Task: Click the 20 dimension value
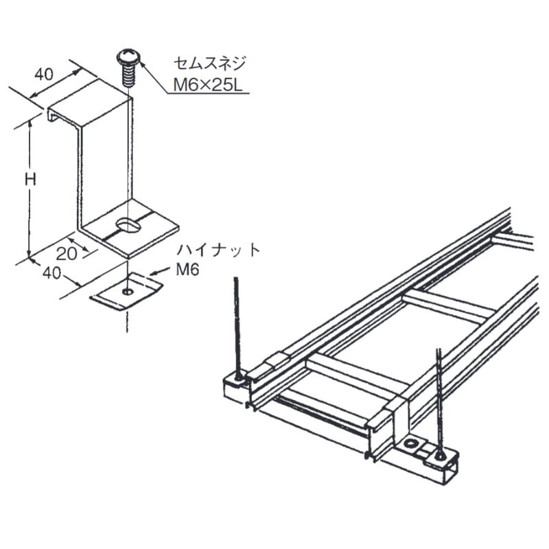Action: coord(66,252)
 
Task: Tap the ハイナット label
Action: coord(218,250)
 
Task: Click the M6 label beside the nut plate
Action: coord(187,270)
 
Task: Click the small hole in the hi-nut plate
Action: coord(127,292)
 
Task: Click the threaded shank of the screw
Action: coord(129,74)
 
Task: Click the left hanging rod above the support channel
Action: coord(235,323)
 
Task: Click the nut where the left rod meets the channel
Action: coord(237,378)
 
